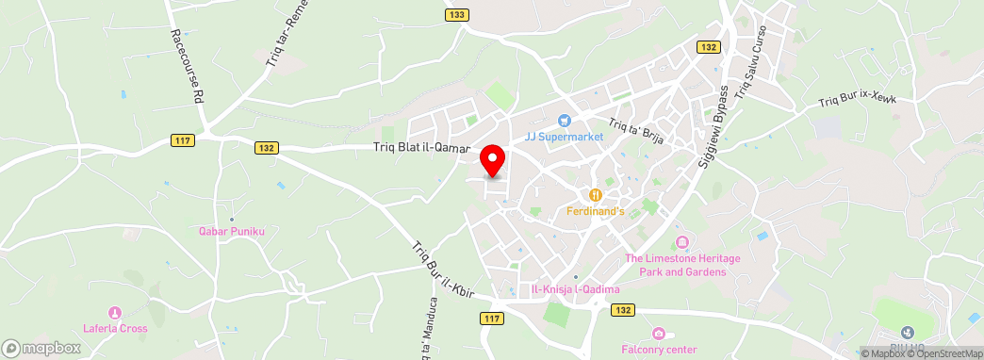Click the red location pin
[492, 159]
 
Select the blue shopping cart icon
[564, 120]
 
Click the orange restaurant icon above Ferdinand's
[596, 195]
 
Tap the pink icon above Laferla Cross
[115, 312]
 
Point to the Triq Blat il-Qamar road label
[419, 148]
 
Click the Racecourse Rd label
[187, 65]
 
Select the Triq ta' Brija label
[638, 130]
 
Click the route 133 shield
[457, 14]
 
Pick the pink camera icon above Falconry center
[659, 334]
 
